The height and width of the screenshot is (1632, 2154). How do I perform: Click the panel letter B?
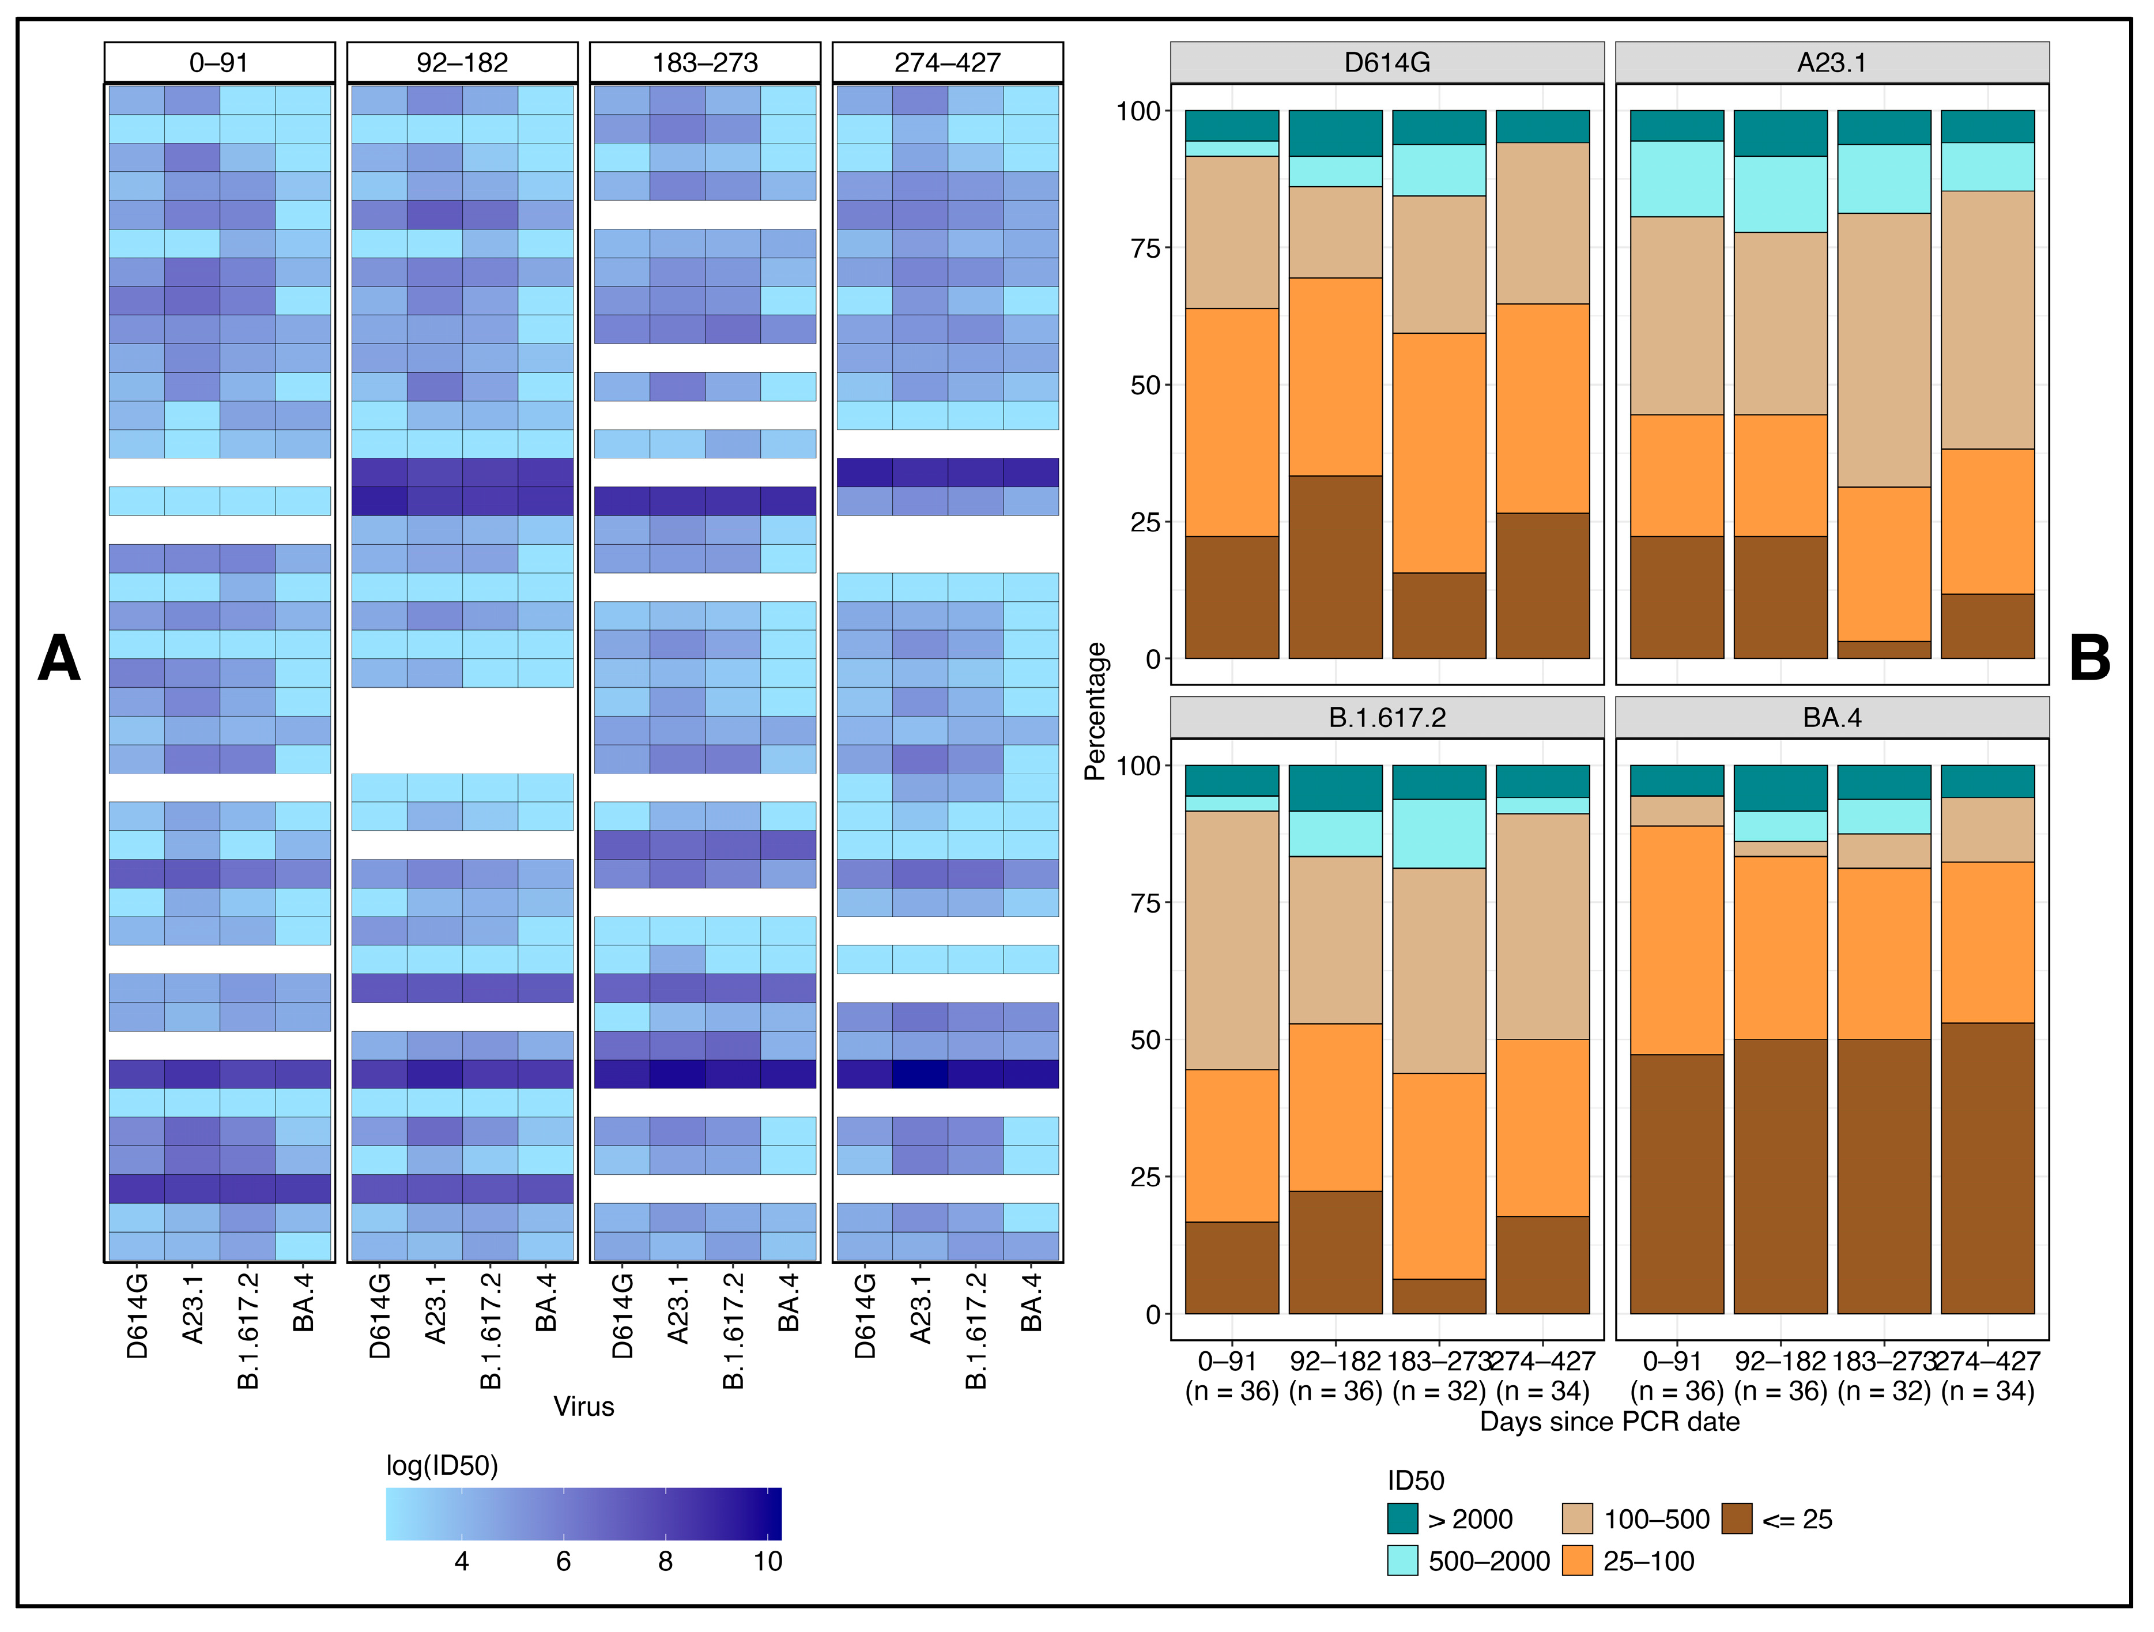coord(2089,659)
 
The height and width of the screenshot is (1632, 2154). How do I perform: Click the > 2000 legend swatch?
coord(1402,1519)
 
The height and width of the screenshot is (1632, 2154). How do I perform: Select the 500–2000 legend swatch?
coord(1402,1561)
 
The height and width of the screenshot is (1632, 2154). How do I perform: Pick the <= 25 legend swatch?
coord(1736,1519)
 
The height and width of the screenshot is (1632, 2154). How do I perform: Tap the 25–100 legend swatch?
coord(1576,1561)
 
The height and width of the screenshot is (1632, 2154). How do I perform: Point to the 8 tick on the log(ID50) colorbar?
coord(665,1561)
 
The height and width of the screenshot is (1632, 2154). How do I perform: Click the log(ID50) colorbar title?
coord(442,1465)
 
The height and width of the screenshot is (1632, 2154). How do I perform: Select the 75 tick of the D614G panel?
coord(1145,248)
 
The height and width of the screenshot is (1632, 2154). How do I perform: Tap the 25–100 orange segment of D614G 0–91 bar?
coord(1232,423)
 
